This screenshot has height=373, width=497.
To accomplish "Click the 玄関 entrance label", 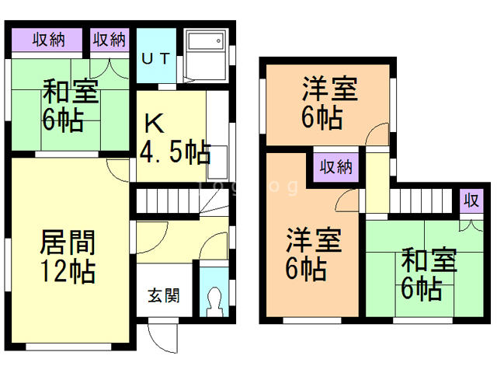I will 164,295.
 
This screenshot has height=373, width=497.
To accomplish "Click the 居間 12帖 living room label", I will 68,257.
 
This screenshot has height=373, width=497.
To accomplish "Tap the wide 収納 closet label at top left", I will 48,40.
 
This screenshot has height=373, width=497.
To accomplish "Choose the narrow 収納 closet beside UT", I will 109,40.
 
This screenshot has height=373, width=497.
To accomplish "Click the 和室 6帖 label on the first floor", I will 69,106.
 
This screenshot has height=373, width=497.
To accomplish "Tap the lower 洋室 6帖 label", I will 312,254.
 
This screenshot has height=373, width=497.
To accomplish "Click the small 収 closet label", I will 470,200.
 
